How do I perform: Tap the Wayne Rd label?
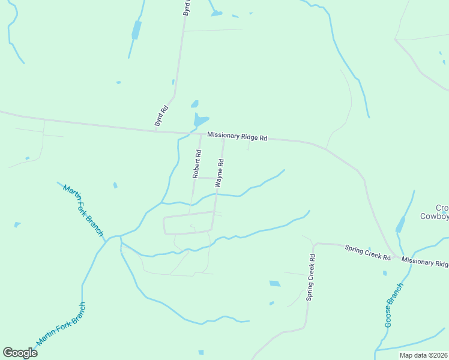[x=220, y=172]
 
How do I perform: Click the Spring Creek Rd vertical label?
[x=310, y=277]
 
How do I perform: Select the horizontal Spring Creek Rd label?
[x=367, y=253]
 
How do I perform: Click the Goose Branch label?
[x=394, y=305]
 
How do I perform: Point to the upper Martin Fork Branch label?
[x=83, y=210]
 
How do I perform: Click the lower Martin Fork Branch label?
[x=61, y=325]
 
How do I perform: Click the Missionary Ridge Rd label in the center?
[x=237, y=136]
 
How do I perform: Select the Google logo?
[x=20, y=353]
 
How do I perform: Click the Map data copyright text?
[x=423, y=355]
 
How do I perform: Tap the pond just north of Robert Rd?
[x=200, y=121]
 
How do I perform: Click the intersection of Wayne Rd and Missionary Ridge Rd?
[x=224, y=136]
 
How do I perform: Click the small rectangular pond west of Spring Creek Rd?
[x=274, y=283]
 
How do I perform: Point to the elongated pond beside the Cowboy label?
[x=400, y=224]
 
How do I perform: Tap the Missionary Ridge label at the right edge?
[x=425, y=263]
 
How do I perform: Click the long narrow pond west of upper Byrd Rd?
[x=136, y=29]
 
